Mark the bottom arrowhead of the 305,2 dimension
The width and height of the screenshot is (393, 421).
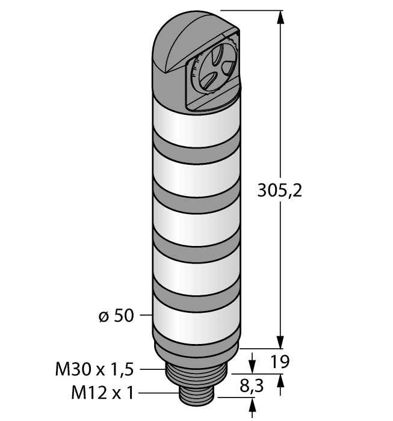click(x=280, y=341)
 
